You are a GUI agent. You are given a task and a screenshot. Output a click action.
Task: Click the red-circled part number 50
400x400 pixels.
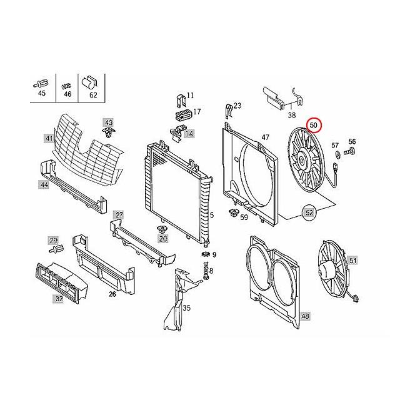[x=314, y=126]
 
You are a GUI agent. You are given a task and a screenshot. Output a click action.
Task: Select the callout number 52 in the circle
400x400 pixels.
[x=309, y=214]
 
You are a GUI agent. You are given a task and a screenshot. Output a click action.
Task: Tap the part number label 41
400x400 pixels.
[x=48, y=137]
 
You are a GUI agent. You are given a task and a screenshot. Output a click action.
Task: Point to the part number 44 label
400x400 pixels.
[x=44, y=185]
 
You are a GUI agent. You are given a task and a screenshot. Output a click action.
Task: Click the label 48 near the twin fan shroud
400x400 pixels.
[x=304, y=317]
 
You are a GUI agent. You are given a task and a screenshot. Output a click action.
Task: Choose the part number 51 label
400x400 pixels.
[x=352, y=260]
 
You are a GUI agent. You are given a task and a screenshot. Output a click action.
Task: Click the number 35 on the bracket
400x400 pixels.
[x=186, y=308]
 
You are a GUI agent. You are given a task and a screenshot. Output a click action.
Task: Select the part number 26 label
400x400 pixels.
[x=112, y=294]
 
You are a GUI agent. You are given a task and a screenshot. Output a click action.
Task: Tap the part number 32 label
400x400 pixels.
[x=58, y=299]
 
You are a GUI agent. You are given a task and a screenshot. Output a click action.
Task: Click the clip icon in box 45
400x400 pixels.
[x=42, y=82]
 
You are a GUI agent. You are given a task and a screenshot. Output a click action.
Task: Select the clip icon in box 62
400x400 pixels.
[x=90, y=81]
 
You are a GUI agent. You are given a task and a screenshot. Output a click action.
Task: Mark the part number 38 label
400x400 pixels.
[x=292, y=115]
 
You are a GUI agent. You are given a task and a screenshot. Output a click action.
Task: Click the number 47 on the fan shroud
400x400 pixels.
[x=265, y=137]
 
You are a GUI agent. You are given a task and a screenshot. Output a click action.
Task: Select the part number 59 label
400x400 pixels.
[x=244, y=217]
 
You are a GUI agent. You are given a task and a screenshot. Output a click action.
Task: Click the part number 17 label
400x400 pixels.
[x=197, y=112]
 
